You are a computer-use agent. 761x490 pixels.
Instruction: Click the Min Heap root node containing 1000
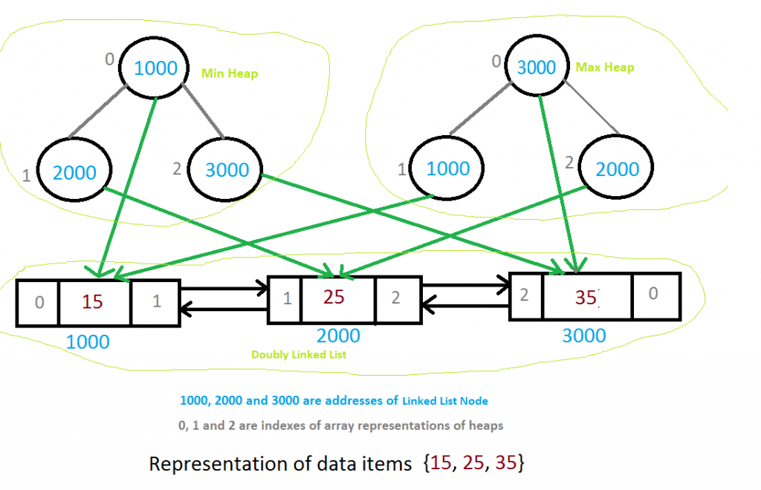[x=155, y=68]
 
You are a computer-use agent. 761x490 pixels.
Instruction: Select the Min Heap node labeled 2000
[x=74, y=172]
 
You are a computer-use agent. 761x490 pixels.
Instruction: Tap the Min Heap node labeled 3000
[x=227, y=169]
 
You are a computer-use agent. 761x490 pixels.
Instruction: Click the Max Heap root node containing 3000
[x=536, y=67]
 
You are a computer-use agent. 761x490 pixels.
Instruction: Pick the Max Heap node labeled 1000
[x=447, y=168]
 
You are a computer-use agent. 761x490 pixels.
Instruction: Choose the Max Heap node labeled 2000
[x=616, y=169]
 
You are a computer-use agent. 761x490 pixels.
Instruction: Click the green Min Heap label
[x=230, y=74]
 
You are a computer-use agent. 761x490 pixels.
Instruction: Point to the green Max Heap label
[x=605, y=67]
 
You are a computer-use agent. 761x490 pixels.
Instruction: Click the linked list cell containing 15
[x=93, y=302]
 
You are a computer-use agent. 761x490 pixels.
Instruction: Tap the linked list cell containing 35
[x=587, y=296]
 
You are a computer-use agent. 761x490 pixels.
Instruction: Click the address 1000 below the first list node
[x=88, y=342]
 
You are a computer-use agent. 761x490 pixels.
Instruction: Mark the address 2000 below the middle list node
[x=338, y=336]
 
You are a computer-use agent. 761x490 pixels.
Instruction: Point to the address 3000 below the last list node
[x=583, y=336]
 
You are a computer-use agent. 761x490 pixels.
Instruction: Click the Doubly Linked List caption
[x=299, y=355]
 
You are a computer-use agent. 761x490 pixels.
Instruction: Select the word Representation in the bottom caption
[x=213, y=464]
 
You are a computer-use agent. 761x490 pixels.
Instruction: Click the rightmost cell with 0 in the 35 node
[x=653, y=294]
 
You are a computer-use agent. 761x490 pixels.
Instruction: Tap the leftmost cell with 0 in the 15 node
[x=39, y=302]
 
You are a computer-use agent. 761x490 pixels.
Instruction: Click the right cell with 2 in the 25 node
[x=395, y=298]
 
